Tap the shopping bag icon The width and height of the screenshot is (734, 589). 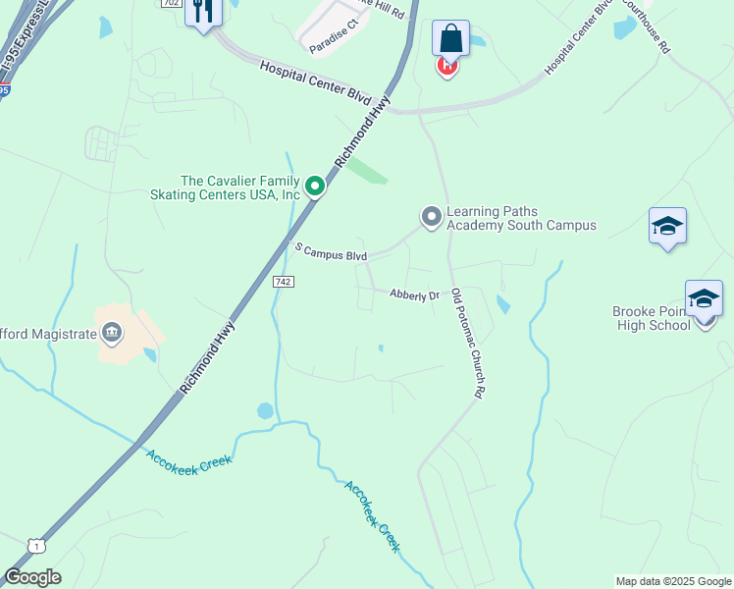(450, 38)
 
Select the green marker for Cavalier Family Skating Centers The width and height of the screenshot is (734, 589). (314, 185)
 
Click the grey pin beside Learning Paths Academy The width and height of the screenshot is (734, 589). (431, 216)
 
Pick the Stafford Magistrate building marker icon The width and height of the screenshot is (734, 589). (112, 334)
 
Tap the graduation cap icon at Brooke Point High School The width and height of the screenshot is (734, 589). (704, 298)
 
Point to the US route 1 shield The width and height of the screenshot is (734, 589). (36, 545)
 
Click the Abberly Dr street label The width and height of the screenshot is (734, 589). (413, 294)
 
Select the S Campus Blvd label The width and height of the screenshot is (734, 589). (331, 252)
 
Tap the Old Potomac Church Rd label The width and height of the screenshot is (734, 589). (468, 344)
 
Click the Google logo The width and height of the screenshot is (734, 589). (32, 577)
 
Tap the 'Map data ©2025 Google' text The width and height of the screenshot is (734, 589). (673, 580)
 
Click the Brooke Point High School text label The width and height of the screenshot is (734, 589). (652, 318)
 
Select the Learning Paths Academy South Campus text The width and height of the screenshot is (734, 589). (521, 218)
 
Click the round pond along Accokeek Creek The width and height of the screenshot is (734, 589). (265, 410)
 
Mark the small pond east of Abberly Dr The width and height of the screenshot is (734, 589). (503, 304)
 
